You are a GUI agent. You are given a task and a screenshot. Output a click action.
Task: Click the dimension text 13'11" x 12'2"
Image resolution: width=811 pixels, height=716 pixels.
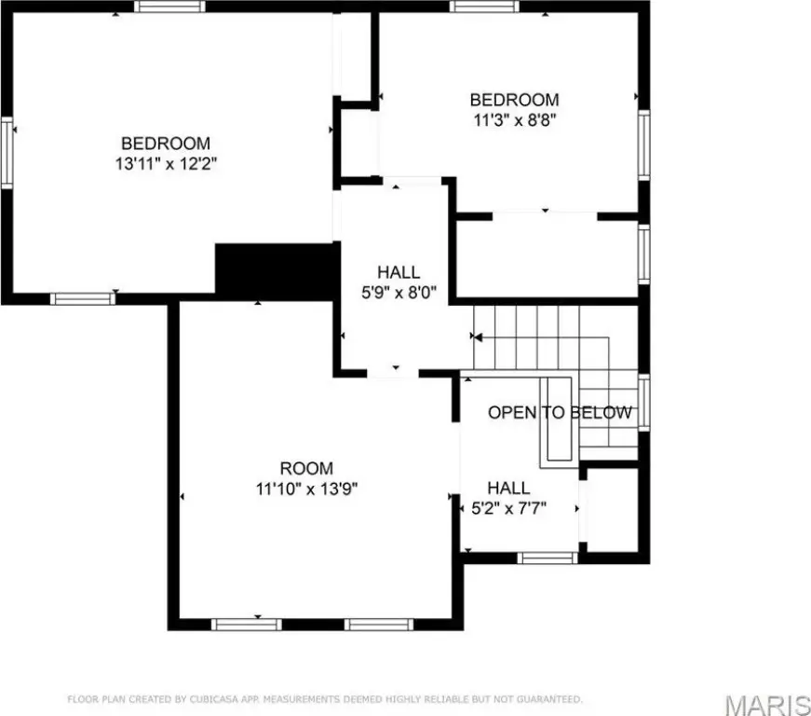click(x=166, y=163)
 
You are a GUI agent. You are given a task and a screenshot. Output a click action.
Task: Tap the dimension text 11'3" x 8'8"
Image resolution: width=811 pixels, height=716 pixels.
click(x=515, y=120)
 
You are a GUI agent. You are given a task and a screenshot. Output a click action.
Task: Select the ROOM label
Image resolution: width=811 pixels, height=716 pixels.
click(x=306, y=468)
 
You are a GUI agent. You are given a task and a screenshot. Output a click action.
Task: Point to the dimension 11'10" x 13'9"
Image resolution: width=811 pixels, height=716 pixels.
click(x=306, y=489)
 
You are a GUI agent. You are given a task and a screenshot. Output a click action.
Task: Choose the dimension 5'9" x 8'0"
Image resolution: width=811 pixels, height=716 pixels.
click(x=399, y=293)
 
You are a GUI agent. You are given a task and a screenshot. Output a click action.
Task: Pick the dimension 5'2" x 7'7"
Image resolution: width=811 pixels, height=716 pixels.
click(x=509, y=508)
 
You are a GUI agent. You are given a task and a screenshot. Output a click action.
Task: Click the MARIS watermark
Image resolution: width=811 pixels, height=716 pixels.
click(x=767, y=705)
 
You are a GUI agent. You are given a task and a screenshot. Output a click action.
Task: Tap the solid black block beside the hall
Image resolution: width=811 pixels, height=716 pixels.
click(x=277, y=271)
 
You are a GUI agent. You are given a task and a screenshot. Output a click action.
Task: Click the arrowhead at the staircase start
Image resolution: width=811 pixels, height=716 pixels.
click(x=478, y=337)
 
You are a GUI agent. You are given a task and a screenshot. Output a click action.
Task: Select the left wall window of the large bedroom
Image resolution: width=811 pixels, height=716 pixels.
click(x=7, y=153)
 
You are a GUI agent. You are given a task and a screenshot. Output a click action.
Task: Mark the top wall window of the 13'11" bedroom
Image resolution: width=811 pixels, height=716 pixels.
click(x=169, y=7)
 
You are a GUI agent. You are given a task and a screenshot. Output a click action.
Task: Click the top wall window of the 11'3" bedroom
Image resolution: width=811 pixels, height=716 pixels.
click(x=484, y=7)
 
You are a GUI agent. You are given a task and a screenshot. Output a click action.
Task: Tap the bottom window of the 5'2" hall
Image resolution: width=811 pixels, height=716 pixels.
click(x=547, y=558)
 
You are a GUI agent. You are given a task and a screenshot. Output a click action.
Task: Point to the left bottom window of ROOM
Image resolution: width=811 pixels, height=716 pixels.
click(x=246, y=625)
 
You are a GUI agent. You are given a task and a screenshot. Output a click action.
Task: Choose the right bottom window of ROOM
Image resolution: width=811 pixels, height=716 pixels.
click(x=379, y=625)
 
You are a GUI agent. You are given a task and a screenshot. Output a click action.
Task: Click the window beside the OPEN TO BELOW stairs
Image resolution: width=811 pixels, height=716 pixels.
click(x=644, y=403)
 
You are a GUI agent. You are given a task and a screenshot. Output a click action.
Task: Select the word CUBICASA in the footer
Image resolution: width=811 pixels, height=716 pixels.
click(x=214, y=699)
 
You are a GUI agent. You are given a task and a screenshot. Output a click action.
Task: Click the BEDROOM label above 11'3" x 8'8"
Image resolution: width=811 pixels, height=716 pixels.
click(x=514, y=100)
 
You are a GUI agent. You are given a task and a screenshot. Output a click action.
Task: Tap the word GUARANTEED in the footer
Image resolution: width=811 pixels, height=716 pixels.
click(x=548, y=699)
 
